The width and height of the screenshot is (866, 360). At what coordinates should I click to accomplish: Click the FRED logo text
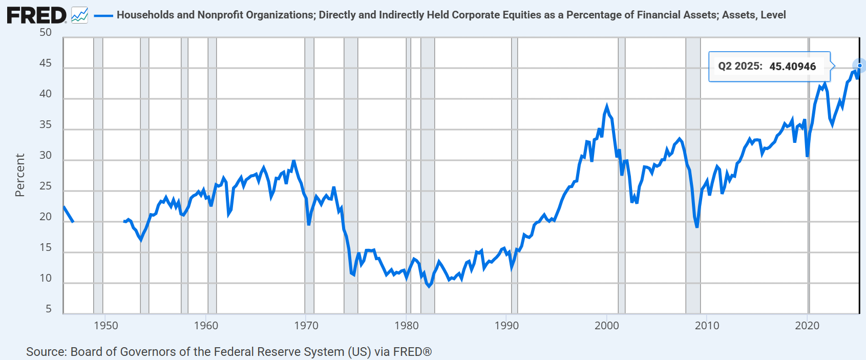tap(37, 15)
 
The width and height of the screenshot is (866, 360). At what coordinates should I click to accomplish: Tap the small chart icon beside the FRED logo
tap(80, 15)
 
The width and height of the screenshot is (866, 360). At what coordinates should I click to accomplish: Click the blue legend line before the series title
tap(103, 15)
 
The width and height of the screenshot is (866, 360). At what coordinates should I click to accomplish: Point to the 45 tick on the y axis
tap(46, 63)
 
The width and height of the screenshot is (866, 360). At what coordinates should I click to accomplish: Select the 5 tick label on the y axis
tap(49, 309)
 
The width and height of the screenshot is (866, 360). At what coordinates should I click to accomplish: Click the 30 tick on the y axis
tap(46, 155)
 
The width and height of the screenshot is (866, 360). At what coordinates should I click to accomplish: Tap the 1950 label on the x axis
tap(106, 326)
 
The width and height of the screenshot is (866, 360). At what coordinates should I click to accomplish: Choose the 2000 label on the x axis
tap(607, 326)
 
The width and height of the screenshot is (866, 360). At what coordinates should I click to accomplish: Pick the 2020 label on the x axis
tap(807, 326)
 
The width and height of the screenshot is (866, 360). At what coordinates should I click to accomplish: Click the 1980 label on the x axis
tap(407, 326)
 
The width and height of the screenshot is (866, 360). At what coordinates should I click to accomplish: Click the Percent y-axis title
tap(20, 175)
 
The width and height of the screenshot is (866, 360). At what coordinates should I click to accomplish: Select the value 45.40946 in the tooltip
tap(793, 67)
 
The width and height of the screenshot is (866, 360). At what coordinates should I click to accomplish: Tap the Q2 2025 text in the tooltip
tap(740, 66)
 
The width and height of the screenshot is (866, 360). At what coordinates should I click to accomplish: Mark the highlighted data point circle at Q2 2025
tap(859, 66)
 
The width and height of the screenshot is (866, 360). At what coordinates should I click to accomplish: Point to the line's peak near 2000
tap(606, 105)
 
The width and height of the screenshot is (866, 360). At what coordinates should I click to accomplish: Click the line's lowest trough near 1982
tap(429, 287)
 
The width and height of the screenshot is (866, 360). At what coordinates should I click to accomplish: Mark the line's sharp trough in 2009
tap(696, 226)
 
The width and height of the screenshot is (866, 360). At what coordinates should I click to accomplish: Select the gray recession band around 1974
tap(351, 176)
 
